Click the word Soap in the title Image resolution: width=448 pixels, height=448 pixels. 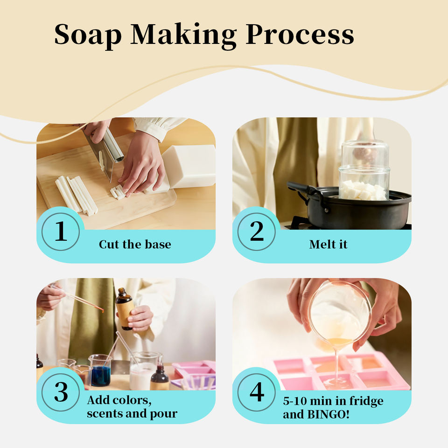pos(88,35)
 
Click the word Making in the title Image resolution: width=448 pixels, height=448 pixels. pos(183,35)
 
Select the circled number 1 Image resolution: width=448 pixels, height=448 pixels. pos(61,231)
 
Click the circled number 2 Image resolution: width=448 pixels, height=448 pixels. pos(257,231)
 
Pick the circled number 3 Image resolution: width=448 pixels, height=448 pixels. pos(61,392)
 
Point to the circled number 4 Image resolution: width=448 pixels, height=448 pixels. pos(257,392)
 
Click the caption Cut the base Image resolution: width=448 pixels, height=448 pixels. pos(135,244)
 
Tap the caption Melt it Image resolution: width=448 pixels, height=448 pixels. pos(328,244)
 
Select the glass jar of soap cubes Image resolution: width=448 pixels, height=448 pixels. pos(364,171)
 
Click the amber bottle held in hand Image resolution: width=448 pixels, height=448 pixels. pos(124,309)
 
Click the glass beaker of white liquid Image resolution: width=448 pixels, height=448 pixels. pos(144,371)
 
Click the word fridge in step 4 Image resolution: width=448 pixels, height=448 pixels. pos(367,401)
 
